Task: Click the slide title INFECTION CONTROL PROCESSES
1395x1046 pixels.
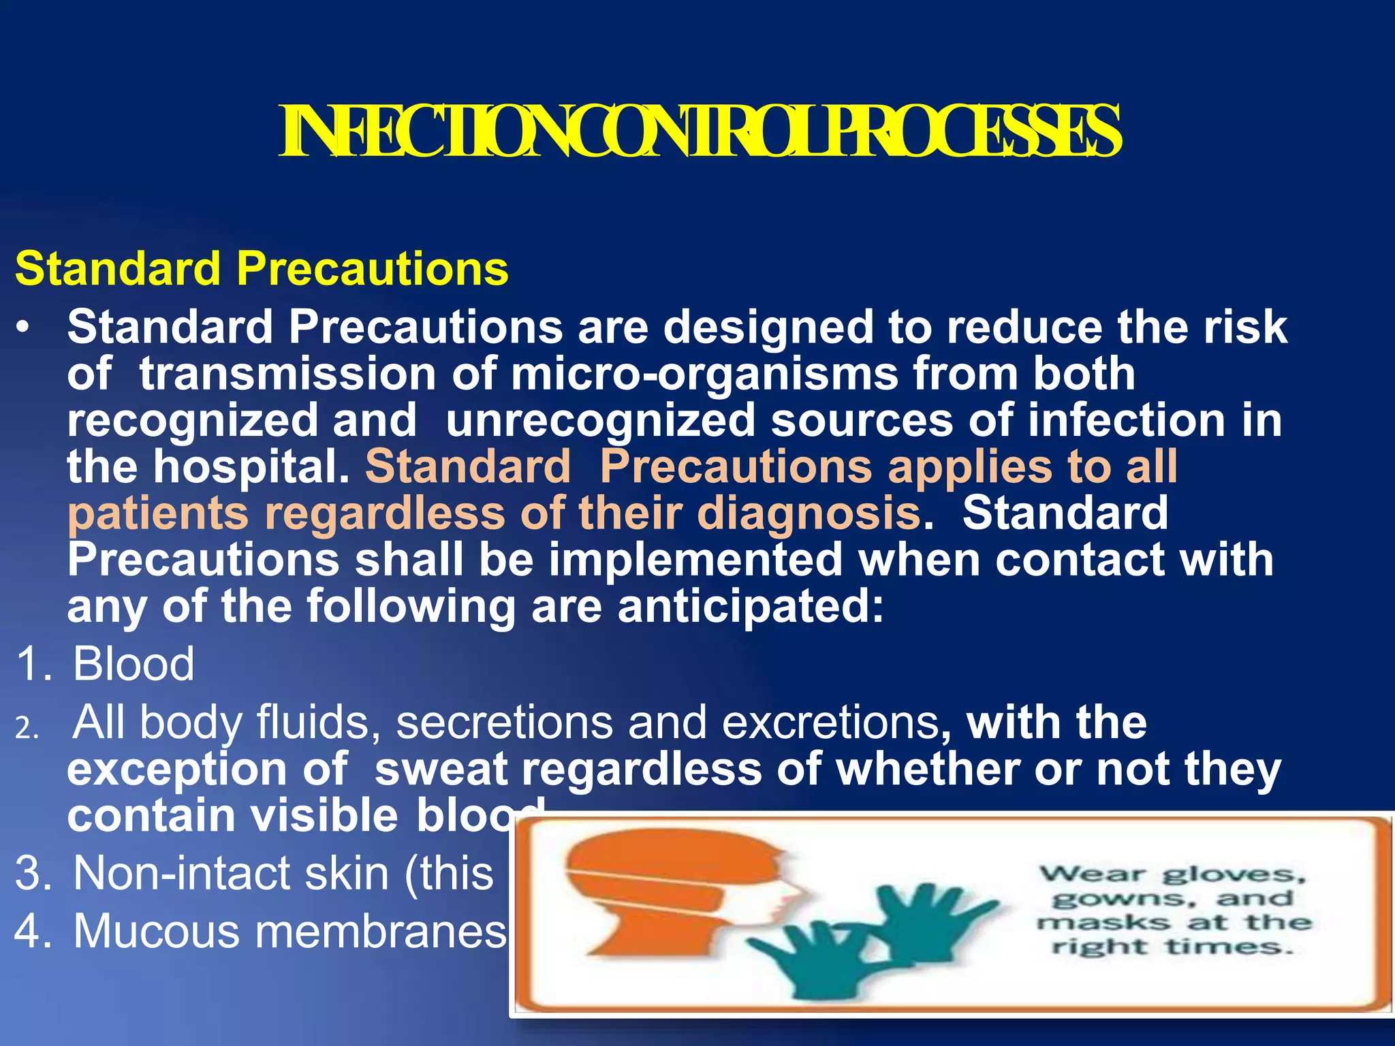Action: [x=699, y=131]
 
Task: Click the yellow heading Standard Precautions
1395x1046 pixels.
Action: [x=262, y=269]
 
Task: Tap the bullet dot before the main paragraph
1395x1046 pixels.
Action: [x=24, y=330]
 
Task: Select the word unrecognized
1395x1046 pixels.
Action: [x=600, y=421]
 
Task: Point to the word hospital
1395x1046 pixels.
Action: [x=251, y=468]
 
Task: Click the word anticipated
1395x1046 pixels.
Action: [x=749, y=606]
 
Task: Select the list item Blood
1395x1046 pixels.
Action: [x=134, y=664]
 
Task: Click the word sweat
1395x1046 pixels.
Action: [x=441, y=770]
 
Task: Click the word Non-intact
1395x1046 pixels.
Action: [x=181, y=874]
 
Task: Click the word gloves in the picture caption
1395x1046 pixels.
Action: [x=1234, y=875]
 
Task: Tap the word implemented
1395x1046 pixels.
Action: [x=695, y=560]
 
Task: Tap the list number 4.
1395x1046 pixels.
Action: [x=31, y=932]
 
